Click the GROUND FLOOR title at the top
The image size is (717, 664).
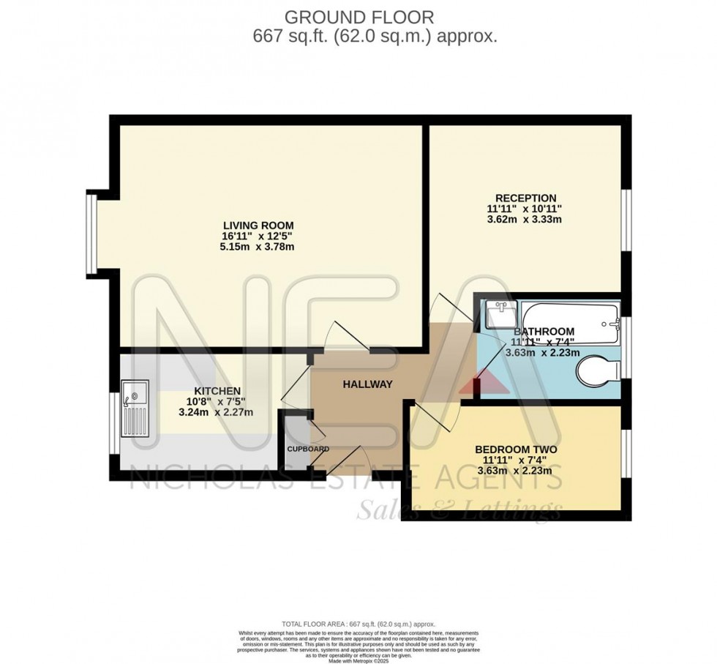(x=358, y=15)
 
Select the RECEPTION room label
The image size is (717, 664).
(x=525, y=198)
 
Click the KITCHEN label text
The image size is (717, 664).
(x=217, y=391)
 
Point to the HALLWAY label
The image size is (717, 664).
(x=367, y=384)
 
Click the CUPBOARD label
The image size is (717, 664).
(x=307, y=449)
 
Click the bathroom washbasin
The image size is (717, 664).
(x=501, y=315)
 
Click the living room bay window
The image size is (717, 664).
(x=91, y=231)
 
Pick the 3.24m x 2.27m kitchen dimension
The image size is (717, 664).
(x=216, y=412)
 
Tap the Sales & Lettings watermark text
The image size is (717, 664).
(x=459, y=510)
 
